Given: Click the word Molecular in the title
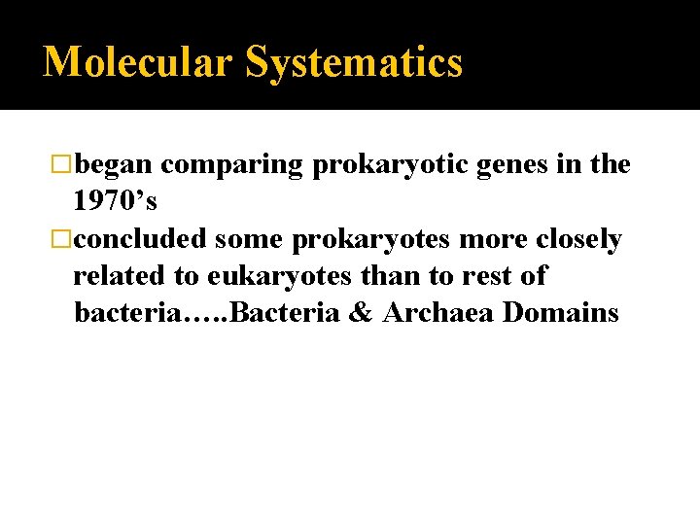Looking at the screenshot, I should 139,62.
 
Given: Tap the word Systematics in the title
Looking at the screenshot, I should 354,62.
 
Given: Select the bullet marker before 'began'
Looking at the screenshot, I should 63,165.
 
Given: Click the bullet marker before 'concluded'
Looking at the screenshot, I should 63,239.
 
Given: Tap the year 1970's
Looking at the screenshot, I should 115,202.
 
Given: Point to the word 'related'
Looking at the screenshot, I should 108,276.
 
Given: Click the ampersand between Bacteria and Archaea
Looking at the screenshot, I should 360,313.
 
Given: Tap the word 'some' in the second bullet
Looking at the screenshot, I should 247,239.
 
